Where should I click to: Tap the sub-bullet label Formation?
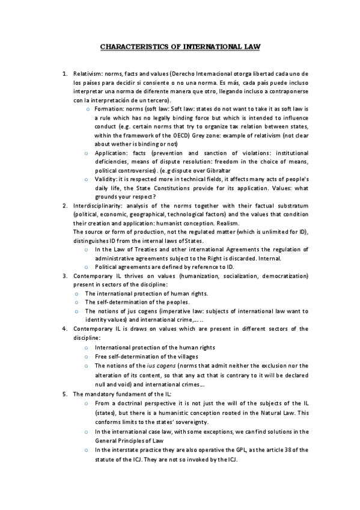tap(109, 109)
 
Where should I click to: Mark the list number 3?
tap(65, 276)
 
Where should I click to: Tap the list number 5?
tap(65, 394)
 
